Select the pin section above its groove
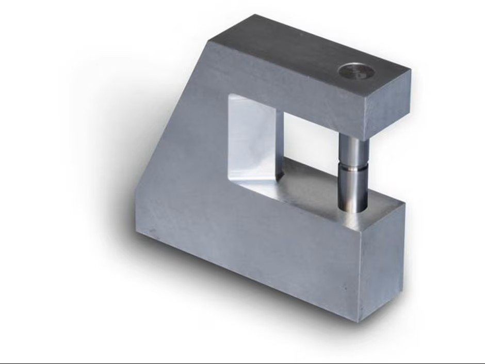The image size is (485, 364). click(x=354, y=150)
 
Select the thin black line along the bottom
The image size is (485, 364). click(x=242, y=362)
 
